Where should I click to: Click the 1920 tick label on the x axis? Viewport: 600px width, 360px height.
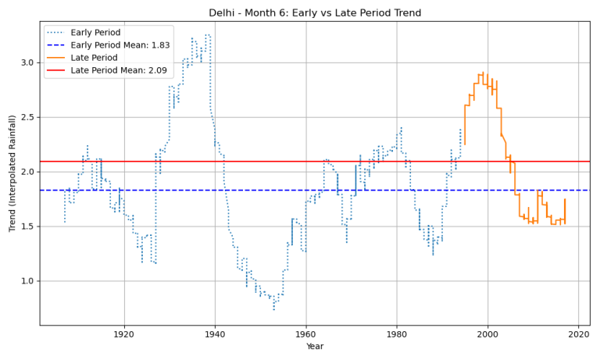124,334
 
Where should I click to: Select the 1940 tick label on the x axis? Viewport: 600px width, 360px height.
215,334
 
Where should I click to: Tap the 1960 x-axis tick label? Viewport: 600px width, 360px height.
306,334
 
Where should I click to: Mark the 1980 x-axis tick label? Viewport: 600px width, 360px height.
397,334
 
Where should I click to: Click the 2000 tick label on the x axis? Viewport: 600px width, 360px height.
488,334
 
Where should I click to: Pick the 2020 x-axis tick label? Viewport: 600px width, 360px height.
579,334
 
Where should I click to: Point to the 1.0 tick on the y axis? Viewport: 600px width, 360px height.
27,280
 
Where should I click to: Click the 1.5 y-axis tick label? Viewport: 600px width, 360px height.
27,226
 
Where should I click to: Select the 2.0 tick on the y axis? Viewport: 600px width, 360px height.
27,172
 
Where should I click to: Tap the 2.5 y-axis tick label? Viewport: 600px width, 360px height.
27,117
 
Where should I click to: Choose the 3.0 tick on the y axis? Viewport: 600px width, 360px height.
27,62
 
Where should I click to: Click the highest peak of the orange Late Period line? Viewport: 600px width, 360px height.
483,73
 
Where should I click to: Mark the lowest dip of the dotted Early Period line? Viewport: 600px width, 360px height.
273,310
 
